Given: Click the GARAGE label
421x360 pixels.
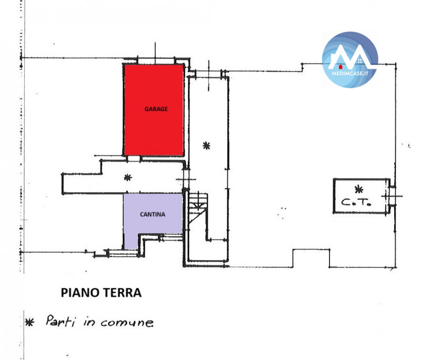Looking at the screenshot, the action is pyautogui.click(x=156, y=109).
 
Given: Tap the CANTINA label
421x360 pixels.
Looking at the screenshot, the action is pyautogui.click(x=153, y=215).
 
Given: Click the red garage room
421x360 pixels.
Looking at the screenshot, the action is pyautogui.click(x=154, y=110).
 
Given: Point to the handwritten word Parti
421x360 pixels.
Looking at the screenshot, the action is pyautogui.click(x=61, y=321).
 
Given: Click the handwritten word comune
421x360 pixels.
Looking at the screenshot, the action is pyautogui.click(x=127, y=323).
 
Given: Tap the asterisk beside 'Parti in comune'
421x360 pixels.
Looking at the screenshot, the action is pyautogui.click(x=29, y=322).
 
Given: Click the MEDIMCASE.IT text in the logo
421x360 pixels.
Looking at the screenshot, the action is pyautogui.click(x=350, y=73).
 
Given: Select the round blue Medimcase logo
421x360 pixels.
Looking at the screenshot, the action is pyautogui.click(x=350, y=60).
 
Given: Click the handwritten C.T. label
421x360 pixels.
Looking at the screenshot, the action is pyautogui.click(x=356, y=202).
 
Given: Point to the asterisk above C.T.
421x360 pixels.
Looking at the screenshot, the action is pyautogui.click(x=359, y=189).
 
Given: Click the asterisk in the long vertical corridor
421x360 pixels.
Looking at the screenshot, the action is pyautogui.click(x=206, y=146).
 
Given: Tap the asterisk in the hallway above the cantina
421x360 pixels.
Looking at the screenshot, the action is pyautogui.click(x=128, y=177).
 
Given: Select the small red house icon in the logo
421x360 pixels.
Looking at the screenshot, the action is pyautogui.click(x=340, y=67).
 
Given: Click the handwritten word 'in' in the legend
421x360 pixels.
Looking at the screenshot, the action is pyautogui.click(x=89, y=322).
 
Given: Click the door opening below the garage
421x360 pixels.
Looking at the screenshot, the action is pyautogui.click(x=134, y=158).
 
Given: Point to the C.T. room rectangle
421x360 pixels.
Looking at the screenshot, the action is pyautogui.click(x=362, y=196).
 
